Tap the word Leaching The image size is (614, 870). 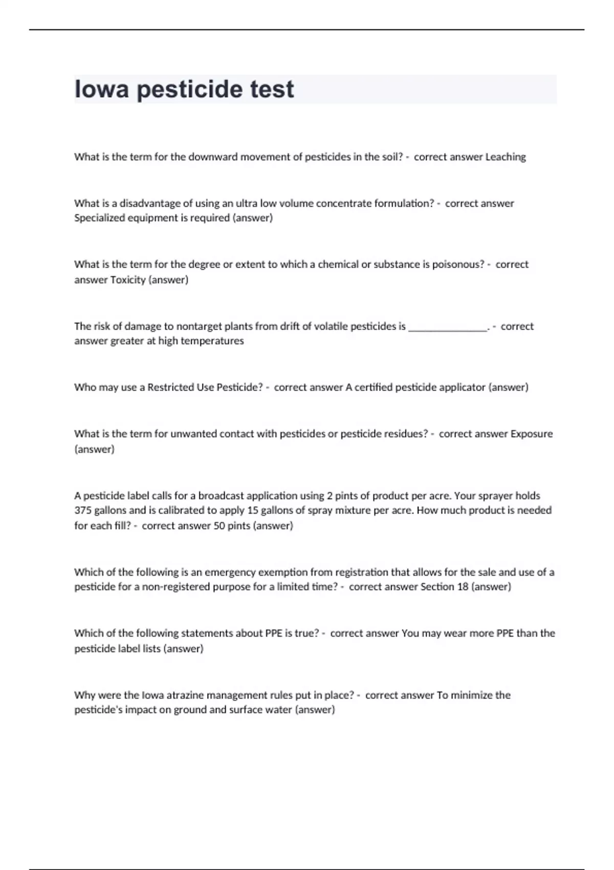point(505,157)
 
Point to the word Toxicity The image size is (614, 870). point(128,280)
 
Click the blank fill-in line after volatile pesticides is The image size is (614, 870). point(448,328)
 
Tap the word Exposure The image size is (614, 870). point(532,434)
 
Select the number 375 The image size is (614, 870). point(82,510)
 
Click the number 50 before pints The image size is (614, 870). point(219,526)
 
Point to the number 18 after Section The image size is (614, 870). point(463,587)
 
